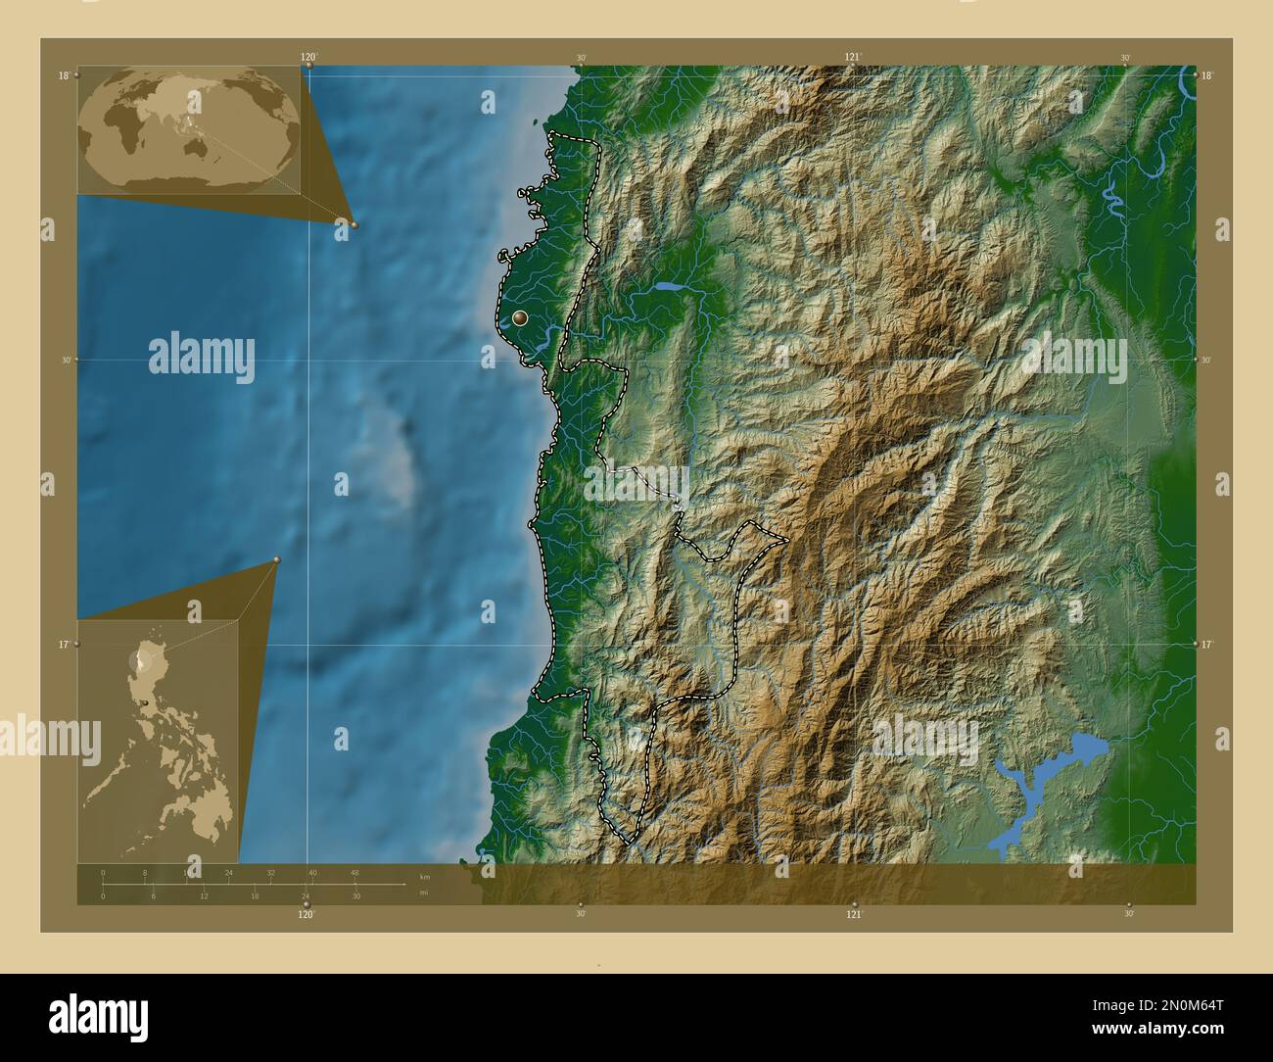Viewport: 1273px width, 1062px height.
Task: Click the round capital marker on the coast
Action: point(519,318)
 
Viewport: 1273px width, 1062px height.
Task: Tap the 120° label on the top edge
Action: point(309,57)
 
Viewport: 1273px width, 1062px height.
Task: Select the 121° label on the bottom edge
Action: point(854,914)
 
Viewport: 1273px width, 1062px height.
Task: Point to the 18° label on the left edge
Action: point(63,75)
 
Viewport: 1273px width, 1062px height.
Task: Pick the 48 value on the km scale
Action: point(354,872)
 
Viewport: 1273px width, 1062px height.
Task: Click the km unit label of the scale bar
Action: point(424,877)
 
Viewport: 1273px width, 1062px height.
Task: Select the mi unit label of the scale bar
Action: point(423,892)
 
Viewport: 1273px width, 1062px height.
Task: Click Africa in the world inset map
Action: point(116,122)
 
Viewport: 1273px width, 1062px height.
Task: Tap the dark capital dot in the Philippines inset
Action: point(145,701)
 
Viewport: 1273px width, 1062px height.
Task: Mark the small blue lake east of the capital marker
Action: point(670,288)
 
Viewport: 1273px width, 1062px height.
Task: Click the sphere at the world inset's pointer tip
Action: point(354,224)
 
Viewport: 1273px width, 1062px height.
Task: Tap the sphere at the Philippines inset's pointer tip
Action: point(277,560)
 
